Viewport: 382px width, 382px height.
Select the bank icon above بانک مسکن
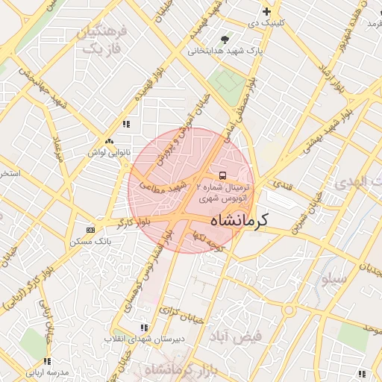(91, 230)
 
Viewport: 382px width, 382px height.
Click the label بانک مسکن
(90, 242)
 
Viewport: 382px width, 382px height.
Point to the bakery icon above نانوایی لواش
(110, 141)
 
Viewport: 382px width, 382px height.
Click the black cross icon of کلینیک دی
(266, 11)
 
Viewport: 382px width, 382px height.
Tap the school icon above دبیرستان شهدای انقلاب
(143, 328)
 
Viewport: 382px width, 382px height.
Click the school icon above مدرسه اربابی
(49, 361)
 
